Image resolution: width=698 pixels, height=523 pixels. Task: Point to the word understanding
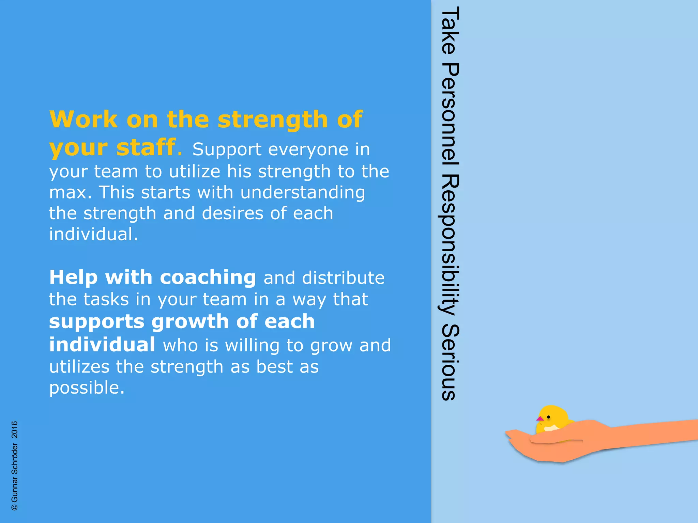coord(303,192)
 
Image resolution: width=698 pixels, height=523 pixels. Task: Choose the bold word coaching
coord(208,278)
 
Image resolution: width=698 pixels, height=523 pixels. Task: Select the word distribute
coord(343,278)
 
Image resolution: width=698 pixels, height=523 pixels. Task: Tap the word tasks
coord(106,299)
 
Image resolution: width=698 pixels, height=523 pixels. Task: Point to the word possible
coord(87,388)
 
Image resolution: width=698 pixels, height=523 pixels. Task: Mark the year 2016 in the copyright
coord(15,430)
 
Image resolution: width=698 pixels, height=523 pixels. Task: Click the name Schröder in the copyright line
coord(15,459)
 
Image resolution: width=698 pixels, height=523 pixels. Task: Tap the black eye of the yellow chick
coord(549,417)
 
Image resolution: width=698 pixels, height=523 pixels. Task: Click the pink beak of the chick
coord(540,419)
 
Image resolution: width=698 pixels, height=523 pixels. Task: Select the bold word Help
coord(74,278)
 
